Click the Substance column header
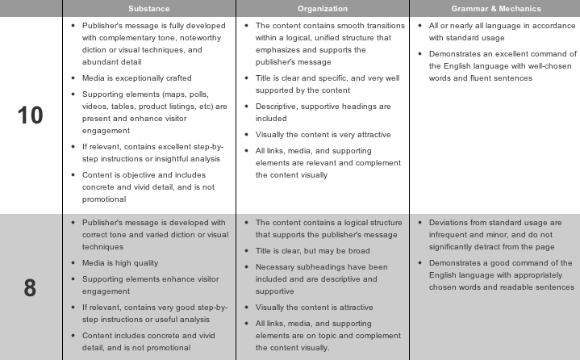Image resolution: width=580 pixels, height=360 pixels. click(x=149, y=9)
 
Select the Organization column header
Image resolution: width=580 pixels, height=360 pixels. click(x=323, y=9)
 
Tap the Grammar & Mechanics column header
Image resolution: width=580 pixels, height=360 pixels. click(x=495, y=9)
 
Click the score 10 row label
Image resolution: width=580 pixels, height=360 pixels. click(x=31, y=115)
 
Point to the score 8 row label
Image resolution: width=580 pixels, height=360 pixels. click(x=31, y=287)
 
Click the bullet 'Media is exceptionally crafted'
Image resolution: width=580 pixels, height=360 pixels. click(x=137, y=78)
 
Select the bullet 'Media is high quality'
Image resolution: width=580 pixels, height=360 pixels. click(x=120, y=263)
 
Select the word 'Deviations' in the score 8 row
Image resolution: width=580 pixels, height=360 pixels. click(x=450, y=223)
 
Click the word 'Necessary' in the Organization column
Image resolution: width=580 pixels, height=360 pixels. click(x=275, y=267)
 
